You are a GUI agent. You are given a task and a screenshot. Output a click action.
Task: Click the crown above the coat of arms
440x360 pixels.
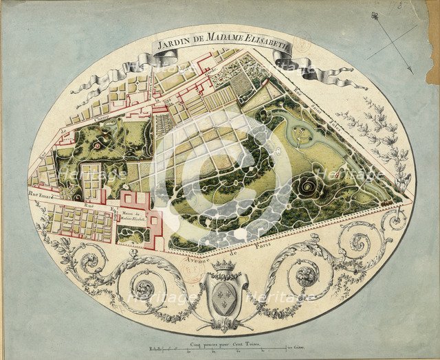pos(223,265)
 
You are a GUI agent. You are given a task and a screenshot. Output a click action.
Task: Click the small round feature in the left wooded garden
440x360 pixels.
pos(98,146)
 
